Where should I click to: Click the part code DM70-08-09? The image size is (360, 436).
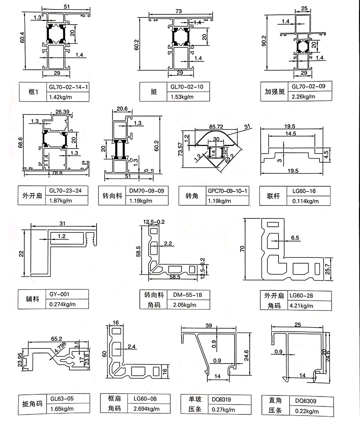148,191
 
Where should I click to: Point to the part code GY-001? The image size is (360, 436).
59,294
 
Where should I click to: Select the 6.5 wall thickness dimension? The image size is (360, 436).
295,238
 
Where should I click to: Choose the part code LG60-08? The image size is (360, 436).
145,398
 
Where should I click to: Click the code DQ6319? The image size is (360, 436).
221,399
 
